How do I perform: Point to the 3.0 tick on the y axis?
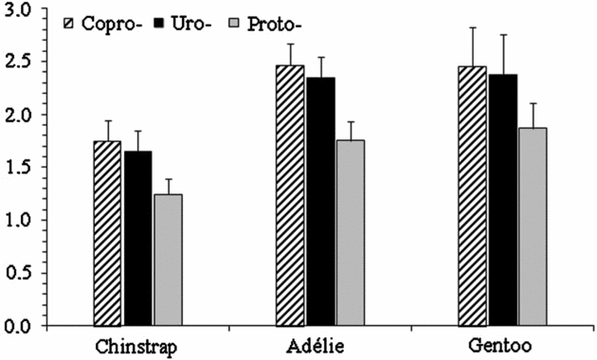click(18, 10)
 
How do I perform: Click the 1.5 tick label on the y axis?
click(18, 169)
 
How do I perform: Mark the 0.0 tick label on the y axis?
click(18, 327)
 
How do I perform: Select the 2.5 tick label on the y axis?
click(18, 63)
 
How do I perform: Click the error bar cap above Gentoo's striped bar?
click(472, 28)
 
